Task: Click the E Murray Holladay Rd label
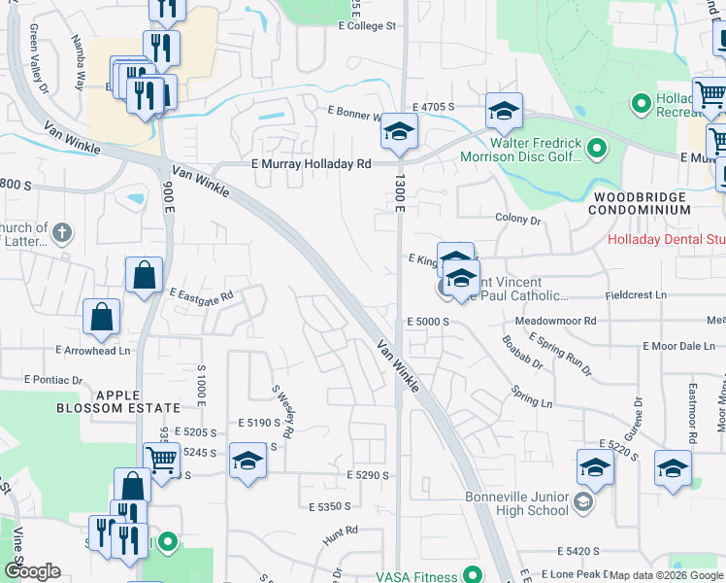(x=311, y=165)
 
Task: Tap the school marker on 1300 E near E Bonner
(x=398, y=131)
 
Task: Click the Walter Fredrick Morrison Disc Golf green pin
(x=598, y=149)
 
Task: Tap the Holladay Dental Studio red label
(x=666, y=240)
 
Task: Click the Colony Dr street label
(x=516, y=220)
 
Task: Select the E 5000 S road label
(x=427, y=321)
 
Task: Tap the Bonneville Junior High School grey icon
(x=582, y=502)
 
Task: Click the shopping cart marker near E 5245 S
(x=161, y=460)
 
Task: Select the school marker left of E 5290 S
(x=247, y=460)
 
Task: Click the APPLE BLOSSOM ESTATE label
(x=139, y=400)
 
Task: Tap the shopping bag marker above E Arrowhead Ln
(x=101, y=317)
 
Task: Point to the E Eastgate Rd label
(x=201, y=293)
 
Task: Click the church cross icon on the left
(x=61, y=232)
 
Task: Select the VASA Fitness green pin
(x=473, y=574)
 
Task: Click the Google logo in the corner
(x=32, y=572)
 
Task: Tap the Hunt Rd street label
(x=341, y=531)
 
